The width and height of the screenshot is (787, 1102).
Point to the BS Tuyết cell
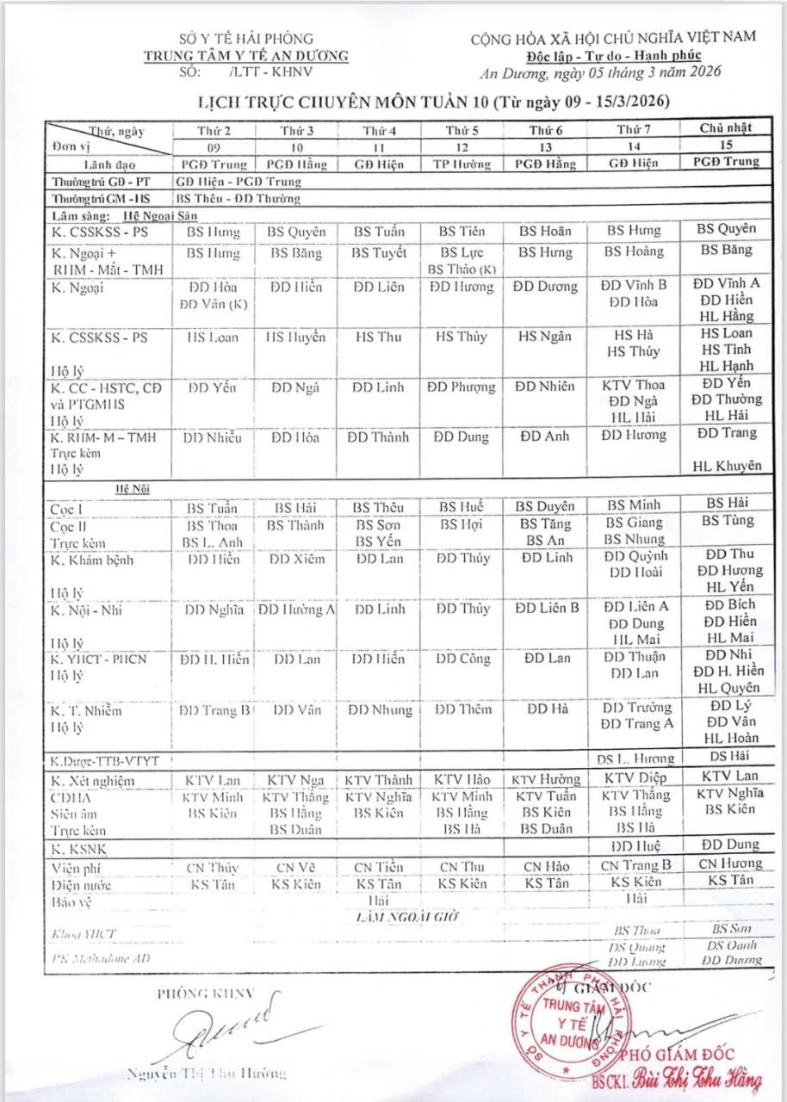pos(378,253)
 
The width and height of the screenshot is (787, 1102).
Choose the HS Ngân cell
pos(545,337)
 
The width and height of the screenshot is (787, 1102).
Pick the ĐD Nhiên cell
pos(545,387)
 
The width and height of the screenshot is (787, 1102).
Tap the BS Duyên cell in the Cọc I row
pos(545,506)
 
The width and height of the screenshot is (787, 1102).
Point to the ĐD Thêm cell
pos(462,709)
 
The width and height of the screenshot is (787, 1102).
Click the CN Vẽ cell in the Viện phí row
pos(295,867)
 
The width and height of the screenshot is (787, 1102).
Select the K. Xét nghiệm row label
pos(93,781)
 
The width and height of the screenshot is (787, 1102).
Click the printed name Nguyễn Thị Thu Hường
pos(206,1073)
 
